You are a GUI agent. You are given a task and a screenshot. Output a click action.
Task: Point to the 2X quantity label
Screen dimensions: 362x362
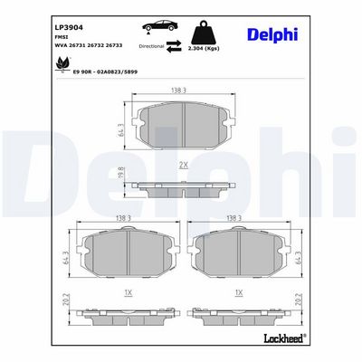pyautogui.click(x=182, y=167)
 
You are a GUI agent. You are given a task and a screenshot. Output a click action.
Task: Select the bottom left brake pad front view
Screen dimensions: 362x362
pyautogui.click(x=127, y=252)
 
